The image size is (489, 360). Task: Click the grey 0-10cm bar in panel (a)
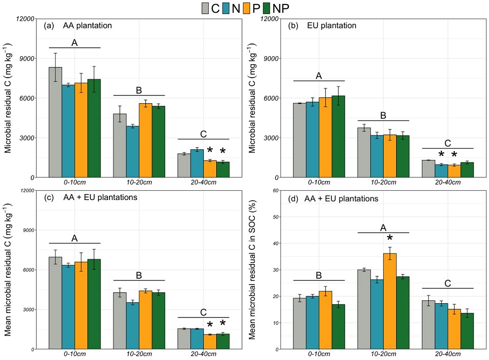(55, 122)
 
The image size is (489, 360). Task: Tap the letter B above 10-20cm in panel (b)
(383, 116)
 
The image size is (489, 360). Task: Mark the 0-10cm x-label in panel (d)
(319, 354)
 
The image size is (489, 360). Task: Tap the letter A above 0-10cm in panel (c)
(74, 238)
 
